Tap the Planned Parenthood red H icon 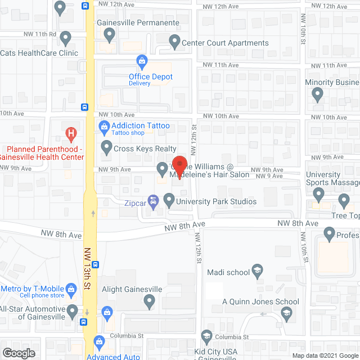click(71, 134)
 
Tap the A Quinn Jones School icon click(286, 314)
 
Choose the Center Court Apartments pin click(174, 40)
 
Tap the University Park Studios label click(216, 201)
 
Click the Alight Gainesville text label click(132, 289)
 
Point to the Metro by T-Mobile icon click(71, 290)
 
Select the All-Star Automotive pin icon click(73, 310)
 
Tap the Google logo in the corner click(19, 353)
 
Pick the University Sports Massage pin click(318, 195)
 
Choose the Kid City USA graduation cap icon click(206, 337)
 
